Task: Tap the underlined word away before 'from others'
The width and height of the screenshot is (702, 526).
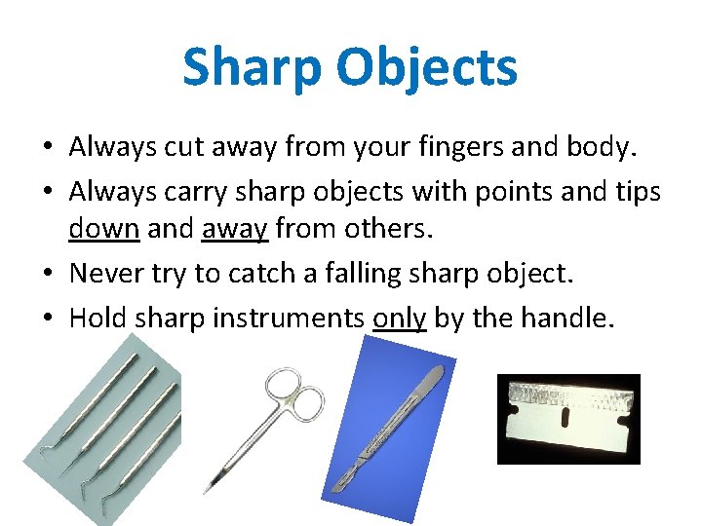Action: pos(234,231)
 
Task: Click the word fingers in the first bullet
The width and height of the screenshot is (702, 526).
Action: pos(437,147)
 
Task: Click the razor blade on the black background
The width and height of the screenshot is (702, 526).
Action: pos(567,420)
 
